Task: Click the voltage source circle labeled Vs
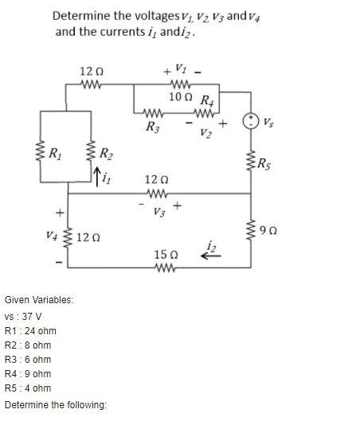(x=252, y=120)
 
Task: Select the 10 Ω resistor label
(x=181, y=96)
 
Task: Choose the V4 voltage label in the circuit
(x=51, y=236)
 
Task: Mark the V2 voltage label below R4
(x=206, y=132)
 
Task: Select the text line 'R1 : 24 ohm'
(x=29, y=329)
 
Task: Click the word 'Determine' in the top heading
(x=81, y=14)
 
